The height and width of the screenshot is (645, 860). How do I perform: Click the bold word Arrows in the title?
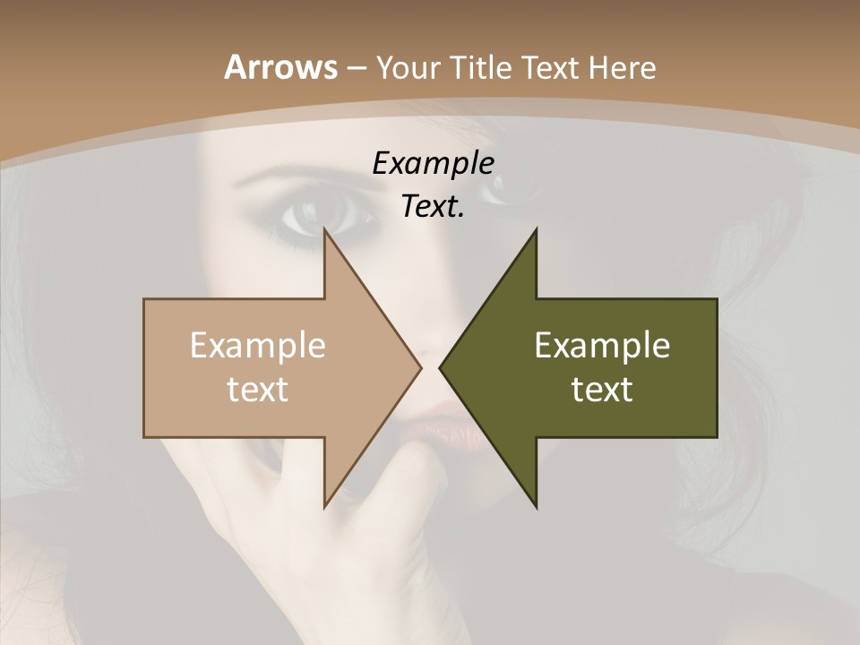[x=280, y=67]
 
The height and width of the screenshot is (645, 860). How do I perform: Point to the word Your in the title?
[x=408, y=67]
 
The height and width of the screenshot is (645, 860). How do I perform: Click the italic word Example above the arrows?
[x=433, y=164]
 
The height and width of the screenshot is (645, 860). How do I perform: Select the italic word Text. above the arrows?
[x=433, y=207]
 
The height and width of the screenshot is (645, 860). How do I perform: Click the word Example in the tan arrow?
[x=257, y=346]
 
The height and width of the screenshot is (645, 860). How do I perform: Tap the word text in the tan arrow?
[x=257, y=389]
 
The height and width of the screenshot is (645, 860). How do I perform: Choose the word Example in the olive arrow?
[x=602, y=346]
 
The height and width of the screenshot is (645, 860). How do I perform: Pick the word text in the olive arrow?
[x=602, y=389]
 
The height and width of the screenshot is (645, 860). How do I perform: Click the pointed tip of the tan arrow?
[x=420, y=367]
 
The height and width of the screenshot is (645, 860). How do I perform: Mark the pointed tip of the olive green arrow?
[x=440, y=367]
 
